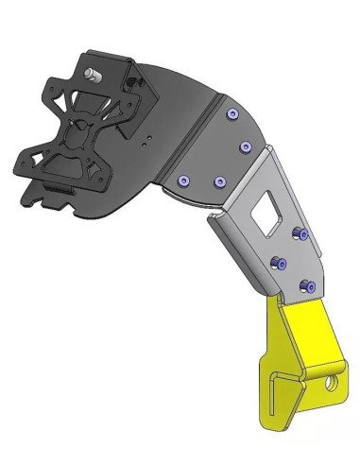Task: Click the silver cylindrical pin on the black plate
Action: (92, 75)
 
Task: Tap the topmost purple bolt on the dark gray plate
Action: (232, 115)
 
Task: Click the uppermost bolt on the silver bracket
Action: (298, 232)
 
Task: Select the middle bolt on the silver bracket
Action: (278, 262)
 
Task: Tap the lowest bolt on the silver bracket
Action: (303, 284)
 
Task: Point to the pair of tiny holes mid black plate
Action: (148, 141)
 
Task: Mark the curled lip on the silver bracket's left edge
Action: (218, 227)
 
